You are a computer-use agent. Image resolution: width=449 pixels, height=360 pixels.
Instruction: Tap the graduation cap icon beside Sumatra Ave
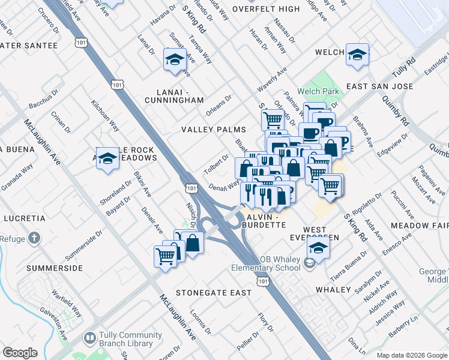(x=175, y=59)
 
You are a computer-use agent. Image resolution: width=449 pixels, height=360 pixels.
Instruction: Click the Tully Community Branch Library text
(x=131, y=340)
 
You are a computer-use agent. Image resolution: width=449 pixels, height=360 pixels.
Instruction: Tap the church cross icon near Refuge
(x=35, y=238)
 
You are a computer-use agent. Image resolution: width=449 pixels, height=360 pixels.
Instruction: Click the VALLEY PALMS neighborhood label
(x=214, y=130)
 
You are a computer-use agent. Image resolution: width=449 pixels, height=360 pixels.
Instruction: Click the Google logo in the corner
(x=20, y=353)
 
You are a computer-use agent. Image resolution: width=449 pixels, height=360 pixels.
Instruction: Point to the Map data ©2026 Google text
(x=412, y=355)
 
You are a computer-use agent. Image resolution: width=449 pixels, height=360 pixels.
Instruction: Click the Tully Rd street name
(x=404, y=70)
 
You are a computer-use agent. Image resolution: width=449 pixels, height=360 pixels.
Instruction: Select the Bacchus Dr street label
(x=44, y=100)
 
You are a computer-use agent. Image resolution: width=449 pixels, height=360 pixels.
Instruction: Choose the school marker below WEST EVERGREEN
(x=318, y=248)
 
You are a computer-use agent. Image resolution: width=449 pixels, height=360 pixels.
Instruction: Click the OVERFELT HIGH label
(x=266, y=9)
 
